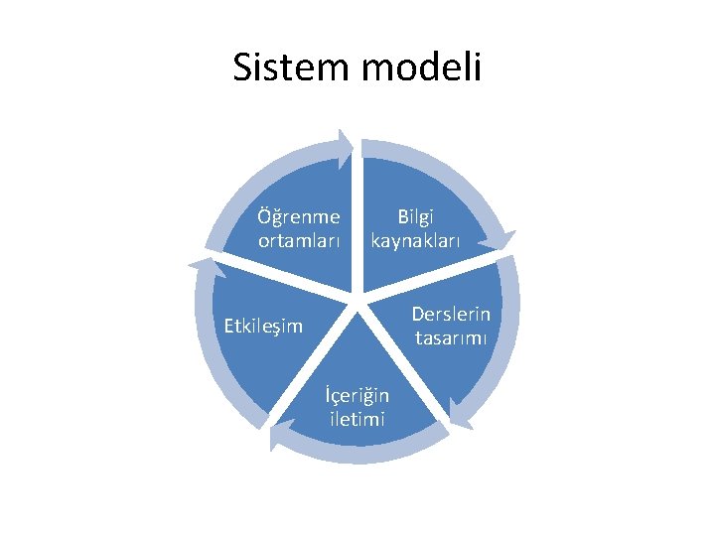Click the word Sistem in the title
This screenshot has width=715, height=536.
point(290,67)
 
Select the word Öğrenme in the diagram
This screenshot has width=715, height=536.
point(298,217)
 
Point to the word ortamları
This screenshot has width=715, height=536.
point(299,240)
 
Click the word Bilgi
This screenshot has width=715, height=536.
point(416,216)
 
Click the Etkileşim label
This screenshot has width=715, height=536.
point(263,326)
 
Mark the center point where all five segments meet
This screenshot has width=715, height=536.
point(356,296)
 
